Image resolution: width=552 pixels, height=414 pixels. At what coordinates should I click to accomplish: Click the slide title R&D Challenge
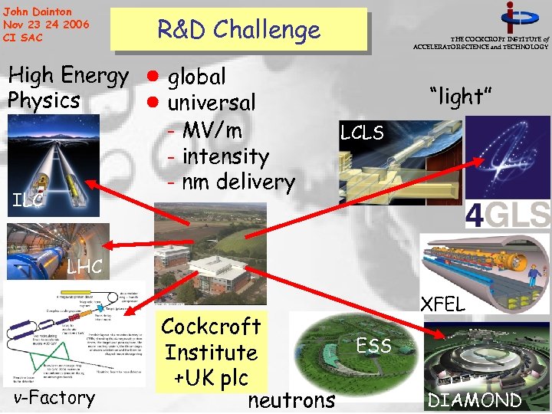[238, 30]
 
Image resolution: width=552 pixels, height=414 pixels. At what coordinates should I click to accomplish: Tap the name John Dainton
[38, 11]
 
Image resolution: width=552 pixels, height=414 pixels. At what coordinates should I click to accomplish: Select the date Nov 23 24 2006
[45, 25]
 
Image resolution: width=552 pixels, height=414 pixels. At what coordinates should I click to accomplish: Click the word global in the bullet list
[196, 77]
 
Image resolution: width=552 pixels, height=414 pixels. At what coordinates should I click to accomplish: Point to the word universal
[212, 103]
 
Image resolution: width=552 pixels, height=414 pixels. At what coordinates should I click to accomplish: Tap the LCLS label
[362, 133]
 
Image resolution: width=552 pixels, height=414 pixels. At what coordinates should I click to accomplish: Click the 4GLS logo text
[508, 214]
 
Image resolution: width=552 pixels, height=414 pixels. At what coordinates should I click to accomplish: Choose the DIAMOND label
[475, 399]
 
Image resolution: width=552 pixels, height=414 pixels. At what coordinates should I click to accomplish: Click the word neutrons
[291, 399]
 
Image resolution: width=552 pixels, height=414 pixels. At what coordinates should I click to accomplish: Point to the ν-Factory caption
[54, 397]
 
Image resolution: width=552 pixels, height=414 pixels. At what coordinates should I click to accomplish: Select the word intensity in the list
[225, 156]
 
